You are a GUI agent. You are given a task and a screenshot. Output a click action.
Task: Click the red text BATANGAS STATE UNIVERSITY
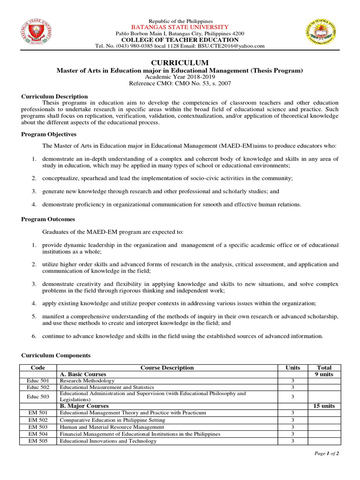pos(180,28)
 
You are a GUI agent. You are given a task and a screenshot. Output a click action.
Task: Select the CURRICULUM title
pos(180,63)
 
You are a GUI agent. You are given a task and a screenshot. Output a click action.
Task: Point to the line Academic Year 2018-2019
pos(180,76)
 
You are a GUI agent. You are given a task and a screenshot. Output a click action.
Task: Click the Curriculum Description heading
pos(54,96)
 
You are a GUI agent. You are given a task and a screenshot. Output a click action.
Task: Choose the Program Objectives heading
pos(49,134)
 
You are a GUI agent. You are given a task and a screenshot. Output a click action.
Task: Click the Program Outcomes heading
pos(48,219)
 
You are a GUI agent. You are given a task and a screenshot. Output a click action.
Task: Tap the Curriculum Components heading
pos(56,355)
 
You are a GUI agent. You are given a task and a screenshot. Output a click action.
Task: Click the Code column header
pos(37,368)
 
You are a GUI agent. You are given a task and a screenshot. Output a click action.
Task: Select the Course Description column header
pos(167,368)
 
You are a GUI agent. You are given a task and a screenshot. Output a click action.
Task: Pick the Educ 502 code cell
pos(37,388)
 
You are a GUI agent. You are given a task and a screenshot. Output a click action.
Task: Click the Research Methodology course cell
pos(87,381)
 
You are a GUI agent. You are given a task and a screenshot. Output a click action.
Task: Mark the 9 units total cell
pos(324,375)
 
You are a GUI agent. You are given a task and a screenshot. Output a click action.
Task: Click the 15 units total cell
pos(324,406)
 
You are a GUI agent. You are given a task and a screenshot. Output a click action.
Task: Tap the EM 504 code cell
pos(37,434)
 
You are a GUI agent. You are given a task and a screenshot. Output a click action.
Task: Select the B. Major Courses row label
pos(84,406)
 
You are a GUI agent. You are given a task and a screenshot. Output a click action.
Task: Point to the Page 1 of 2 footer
pos(326,454)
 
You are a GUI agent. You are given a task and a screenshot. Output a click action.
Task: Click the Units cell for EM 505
pos(292,441)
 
